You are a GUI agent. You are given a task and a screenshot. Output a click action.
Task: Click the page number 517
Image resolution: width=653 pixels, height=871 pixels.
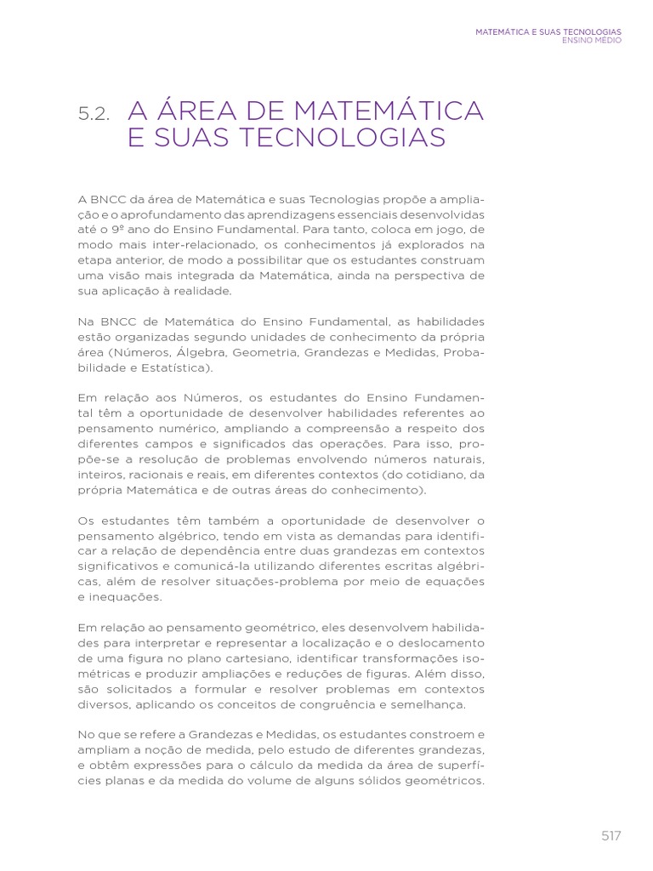(x=610, y=836)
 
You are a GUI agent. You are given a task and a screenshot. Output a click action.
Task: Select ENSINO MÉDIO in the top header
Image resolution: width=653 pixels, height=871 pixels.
(x=592, y=41)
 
